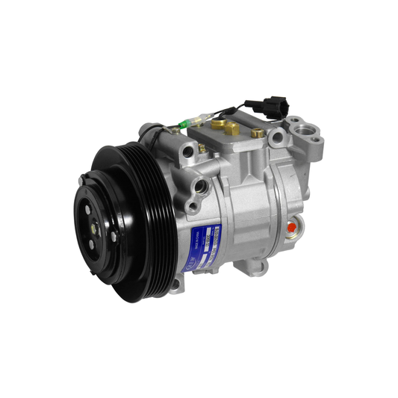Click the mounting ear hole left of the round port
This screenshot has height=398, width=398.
pos(278,136)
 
